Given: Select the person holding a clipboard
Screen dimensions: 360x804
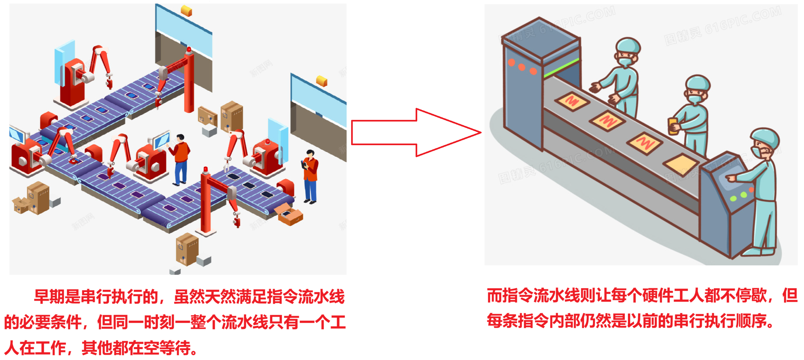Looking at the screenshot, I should (x=310, y=177).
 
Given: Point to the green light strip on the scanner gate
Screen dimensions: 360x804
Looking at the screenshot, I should (x=561, y=68).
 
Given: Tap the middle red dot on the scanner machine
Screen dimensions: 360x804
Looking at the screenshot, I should (x=522, y=67).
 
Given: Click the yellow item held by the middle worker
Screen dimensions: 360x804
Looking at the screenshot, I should (x=673, y=126).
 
